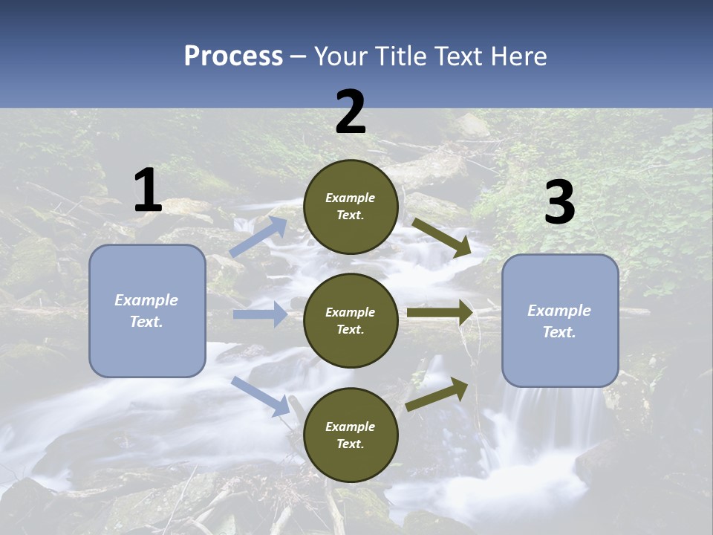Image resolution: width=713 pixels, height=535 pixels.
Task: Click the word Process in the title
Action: [233, 56]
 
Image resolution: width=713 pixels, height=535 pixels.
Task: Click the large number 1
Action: [148, 191]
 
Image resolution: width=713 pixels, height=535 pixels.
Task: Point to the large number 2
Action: [351, 112]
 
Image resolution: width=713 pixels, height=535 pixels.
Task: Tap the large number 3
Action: [559, 203]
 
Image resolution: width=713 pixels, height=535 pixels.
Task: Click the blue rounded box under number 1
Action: [147, 311]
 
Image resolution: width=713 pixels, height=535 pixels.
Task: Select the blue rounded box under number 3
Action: [560, 320]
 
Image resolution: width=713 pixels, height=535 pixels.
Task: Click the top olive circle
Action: [351, 207]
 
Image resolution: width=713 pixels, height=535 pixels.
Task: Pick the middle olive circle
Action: [351, 320]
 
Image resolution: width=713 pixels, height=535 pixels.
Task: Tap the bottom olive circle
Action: [351, 435]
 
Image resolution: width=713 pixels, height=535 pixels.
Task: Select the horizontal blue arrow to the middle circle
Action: [260, 314]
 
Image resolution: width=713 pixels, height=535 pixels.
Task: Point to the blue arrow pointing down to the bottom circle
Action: [261, 395]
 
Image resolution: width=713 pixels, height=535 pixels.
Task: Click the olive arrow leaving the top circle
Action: [441, 237]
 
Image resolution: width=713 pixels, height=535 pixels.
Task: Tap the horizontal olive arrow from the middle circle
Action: [440, 313]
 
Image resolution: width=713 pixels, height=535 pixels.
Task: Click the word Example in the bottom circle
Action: [351, 427]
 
